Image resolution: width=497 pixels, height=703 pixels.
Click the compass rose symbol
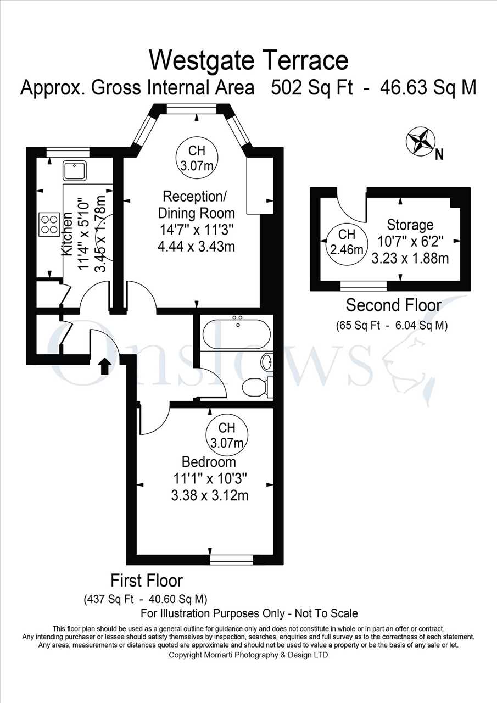click(421, 141)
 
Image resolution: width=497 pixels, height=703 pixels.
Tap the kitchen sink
click(74, 170)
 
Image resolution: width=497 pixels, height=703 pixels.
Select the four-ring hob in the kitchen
click(49, 225)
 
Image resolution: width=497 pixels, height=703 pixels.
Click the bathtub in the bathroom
click(237, 334)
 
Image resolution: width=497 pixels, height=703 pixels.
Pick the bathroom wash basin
click(267, 362)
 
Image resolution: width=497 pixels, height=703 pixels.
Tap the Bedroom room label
click(209, 462)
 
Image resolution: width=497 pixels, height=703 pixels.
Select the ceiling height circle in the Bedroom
click(227, 435)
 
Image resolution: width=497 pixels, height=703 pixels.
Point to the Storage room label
click(410, 225)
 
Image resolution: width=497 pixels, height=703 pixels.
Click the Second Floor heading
click(393, 305)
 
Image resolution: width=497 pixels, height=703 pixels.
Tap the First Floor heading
click(147, 581)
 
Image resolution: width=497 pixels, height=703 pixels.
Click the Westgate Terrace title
click(248, 60)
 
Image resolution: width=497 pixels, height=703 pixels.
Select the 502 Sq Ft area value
click(312, 87)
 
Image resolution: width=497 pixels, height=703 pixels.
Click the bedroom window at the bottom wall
click(232, 560)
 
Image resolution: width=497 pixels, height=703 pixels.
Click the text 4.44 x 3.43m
click(196, 247)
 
